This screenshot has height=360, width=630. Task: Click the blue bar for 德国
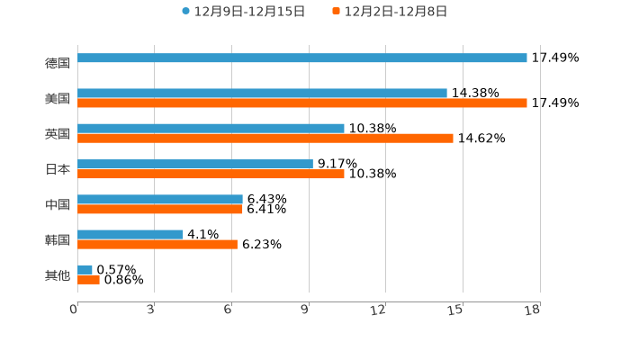point(302,58)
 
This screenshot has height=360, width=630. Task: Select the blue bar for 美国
point(262,93)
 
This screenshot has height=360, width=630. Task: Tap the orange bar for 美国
point(302,103)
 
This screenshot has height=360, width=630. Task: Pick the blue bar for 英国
point(211,129)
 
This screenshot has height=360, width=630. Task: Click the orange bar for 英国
point(265,139)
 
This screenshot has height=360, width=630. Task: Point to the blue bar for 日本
point(195,164)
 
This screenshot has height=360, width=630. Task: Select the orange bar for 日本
point(211,174)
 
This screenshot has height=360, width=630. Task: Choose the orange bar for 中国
point(160,209)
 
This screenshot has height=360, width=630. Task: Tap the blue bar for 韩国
point(130,234)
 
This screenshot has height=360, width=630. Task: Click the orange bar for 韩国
point(157,244)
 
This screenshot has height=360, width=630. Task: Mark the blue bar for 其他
point(85,269)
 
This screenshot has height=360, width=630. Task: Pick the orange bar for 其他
point(88,279)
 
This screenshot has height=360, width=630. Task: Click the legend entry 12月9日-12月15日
point(243,12)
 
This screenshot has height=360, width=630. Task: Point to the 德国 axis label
point(58,63)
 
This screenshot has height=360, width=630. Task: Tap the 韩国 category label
point(58,239)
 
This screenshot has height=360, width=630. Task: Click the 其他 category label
point(58,274)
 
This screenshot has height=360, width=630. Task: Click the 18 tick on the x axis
point(533,310)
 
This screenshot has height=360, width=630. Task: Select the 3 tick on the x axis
point(151,310)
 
